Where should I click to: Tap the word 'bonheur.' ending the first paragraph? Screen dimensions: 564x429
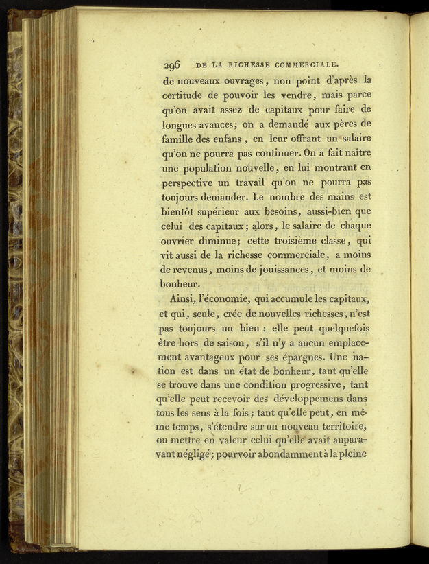(x=182, y=283)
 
